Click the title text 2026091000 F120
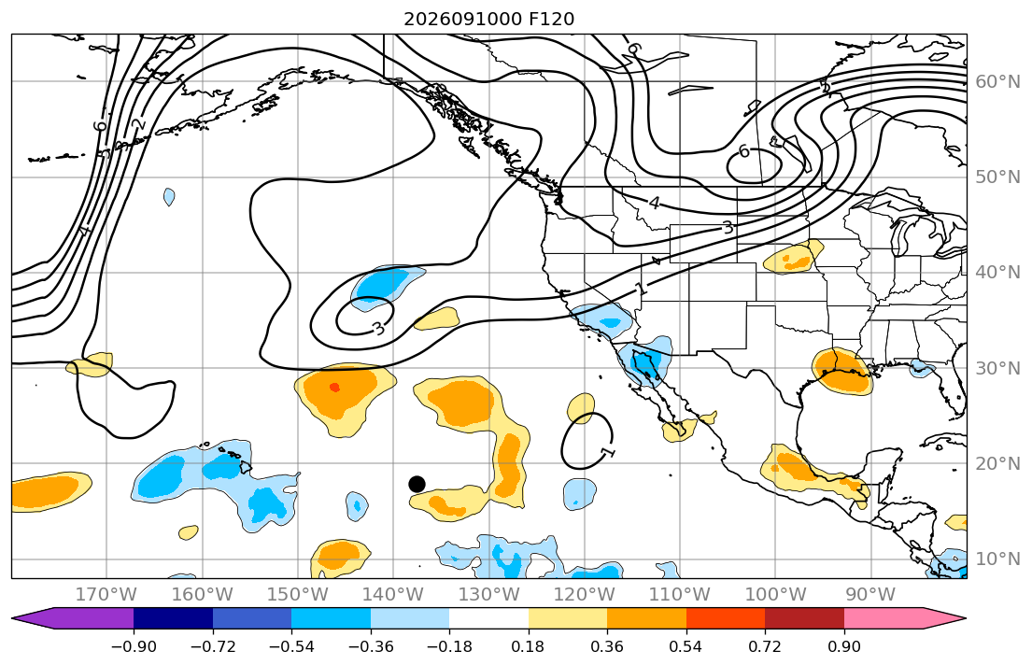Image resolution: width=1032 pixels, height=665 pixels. (488, 19)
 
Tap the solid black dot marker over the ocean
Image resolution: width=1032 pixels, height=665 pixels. (417, 484)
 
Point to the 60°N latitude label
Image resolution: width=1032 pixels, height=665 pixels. (997, 81)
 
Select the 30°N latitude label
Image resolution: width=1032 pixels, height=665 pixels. (997, 368)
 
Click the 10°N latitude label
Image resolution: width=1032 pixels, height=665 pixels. (997, 559)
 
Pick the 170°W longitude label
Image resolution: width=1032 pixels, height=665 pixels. (106, 595)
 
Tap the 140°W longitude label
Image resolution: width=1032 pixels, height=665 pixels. (393, 595)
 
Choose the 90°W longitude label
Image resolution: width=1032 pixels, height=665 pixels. (870, 595)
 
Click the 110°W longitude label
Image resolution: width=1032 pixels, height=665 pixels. (679, 595)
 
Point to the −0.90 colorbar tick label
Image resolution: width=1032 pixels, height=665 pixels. (134, 646)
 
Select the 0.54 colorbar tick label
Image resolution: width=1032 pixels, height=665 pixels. (686, 646)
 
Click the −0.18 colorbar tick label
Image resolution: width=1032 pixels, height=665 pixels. (449, 646)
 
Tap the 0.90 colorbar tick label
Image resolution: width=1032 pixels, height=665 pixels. (843, 646)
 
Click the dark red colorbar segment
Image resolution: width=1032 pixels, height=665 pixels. (804, 618)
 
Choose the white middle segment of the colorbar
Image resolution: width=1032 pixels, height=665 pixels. (489, 618)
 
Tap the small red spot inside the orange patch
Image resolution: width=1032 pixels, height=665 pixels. (334, 388)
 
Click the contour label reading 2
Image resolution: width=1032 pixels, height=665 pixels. (138, 124)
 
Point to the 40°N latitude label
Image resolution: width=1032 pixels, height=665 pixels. (997, 273)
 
